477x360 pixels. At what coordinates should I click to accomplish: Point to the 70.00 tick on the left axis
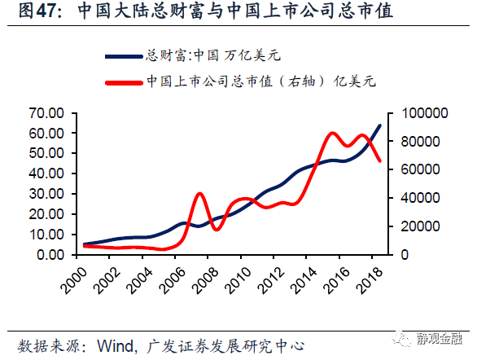[47, 112]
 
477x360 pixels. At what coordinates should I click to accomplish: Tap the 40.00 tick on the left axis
[47, 173]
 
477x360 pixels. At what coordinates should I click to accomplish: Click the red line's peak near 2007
[200, 193]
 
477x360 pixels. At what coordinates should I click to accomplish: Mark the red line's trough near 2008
[216, 229]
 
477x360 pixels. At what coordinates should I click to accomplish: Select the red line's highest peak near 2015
[333, 133]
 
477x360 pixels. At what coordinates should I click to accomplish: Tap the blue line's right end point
[380, 125]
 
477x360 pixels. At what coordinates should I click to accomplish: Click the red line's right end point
[380, 160]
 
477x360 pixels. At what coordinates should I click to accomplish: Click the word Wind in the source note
[115, 345]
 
